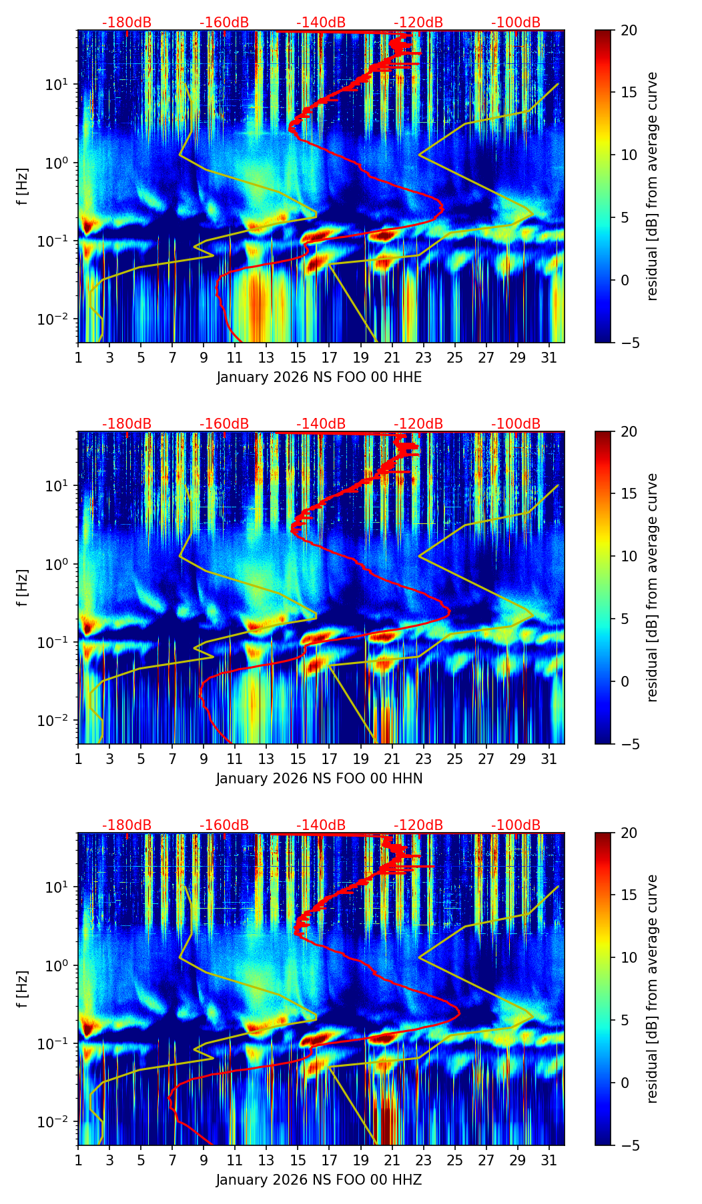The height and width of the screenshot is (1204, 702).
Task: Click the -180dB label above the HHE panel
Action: (127, 23)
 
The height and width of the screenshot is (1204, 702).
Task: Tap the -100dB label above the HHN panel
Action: (516, 425)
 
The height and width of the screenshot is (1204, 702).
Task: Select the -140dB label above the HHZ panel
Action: (321, 826)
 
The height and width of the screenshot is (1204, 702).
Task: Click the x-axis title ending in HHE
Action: (319, 378)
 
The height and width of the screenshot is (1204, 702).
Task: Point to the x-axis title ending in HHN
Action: (319, 779)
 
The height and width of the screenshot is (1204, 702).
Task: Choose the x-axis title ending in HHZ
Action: (319, 1181)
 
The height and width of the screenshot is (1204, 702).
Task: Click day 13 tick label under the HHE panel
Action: (266, 358)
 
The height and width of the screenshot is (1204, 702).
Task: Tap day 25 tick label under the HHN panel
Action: (454, 759)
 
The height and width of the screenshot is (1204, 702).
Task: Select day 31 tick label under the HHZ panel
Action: (549, 1161)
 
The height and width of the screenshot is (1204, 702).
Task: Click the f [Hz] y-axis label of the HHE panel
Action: (23, 187)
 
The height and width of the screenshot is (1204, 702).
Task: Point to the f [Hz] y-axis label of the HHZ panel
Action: (23, 989)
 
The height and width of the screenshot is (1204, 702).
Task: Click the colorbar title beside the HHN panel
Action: (653, 587)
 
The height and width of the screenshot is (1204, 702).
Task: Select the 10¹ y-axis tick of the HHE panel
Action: (62, 85)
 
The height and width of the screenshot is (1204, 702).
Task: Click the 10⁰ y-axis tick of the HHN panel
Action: (62, 565)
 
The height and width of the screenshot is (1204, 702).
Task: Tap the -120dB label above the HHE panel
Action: (418, 23)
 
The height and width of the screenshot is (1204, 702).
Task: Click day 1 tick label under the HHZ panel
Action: (78, 1161)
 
